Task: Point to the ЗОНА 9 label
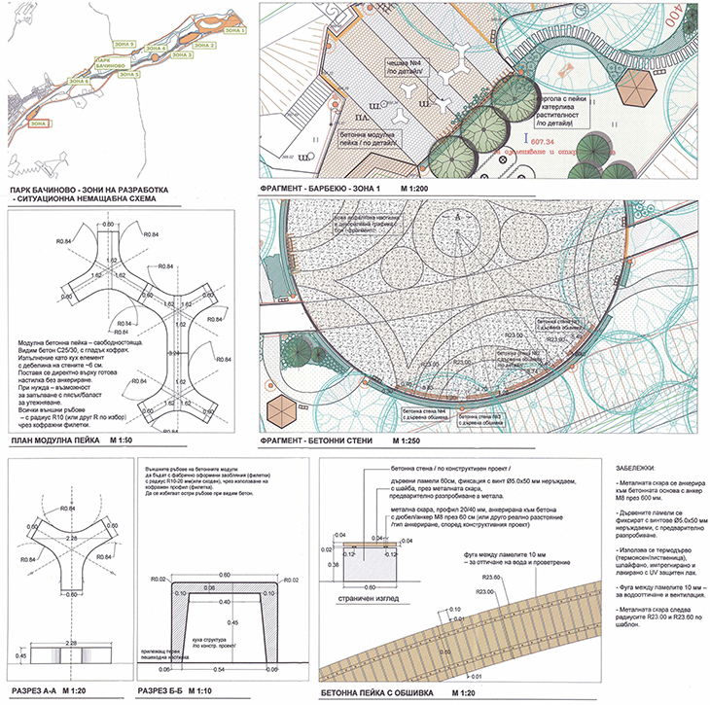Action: point(124,45)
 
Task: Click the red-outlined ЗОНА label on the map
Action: point(39,123)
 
